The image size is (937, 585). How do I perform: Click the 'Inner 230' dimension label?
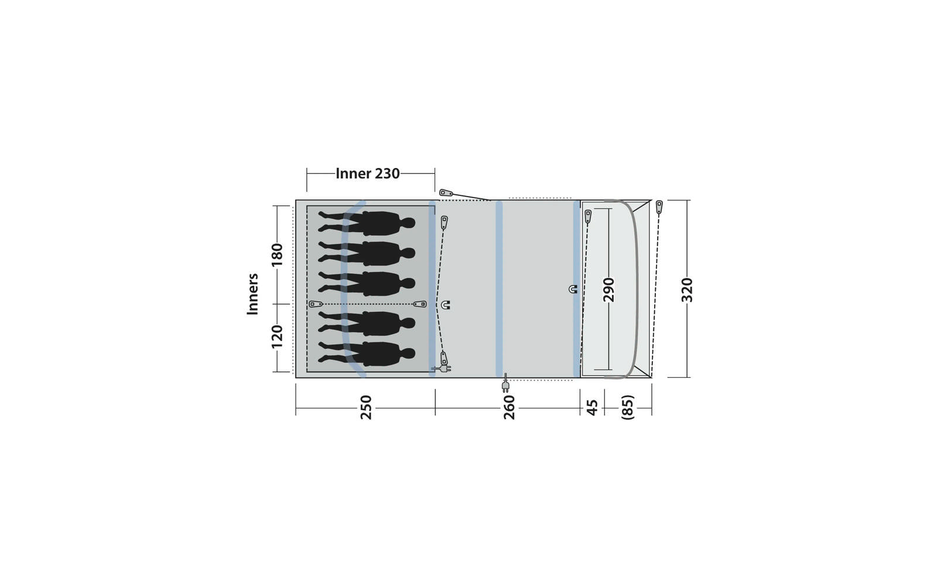367,174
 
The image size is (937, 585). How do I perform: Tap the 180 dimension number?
277,254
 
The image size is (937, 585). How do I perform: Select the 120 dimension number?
277,336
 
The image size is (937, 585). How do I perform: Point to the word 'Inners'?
253,294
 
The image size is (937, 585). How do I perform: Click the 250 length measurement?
365,407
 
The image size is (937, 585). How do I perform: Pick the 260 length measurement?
509,407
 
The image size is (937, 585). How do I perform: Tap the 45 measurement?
592,407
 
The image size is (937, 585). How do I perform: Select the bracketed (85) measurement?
627,407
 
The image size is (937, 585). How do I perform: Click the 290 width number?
609,290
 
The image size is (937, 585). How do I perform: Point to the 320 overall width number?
687,290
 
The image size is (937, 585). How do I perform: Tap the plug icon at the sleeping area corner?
442,369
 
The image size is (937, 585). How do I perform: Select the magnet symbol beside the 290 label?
573,289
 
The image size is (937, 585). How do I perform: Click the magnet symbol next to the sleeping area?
446,305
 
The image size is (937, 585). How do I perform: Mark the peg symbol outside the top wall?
447,192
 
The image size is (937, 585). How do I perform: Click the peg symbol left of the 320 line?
659,207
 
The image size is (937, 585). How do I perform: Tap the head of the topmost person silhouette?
408,223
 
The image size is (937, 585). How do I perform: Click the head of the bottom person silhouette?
408,353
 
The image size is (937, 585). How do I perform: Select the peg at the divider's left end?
316,304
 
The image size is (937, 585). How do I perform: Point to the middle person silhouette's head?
408,283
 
